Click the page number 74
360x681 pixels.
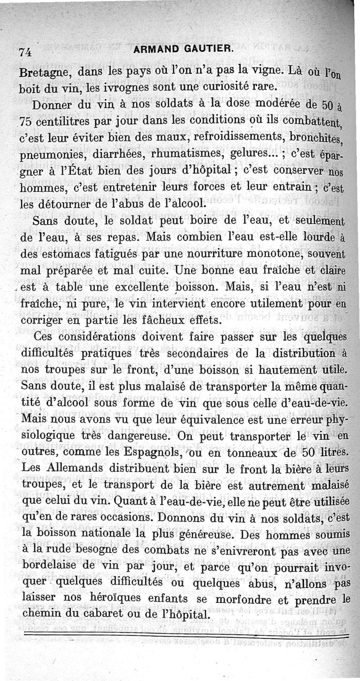point(25,52)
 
